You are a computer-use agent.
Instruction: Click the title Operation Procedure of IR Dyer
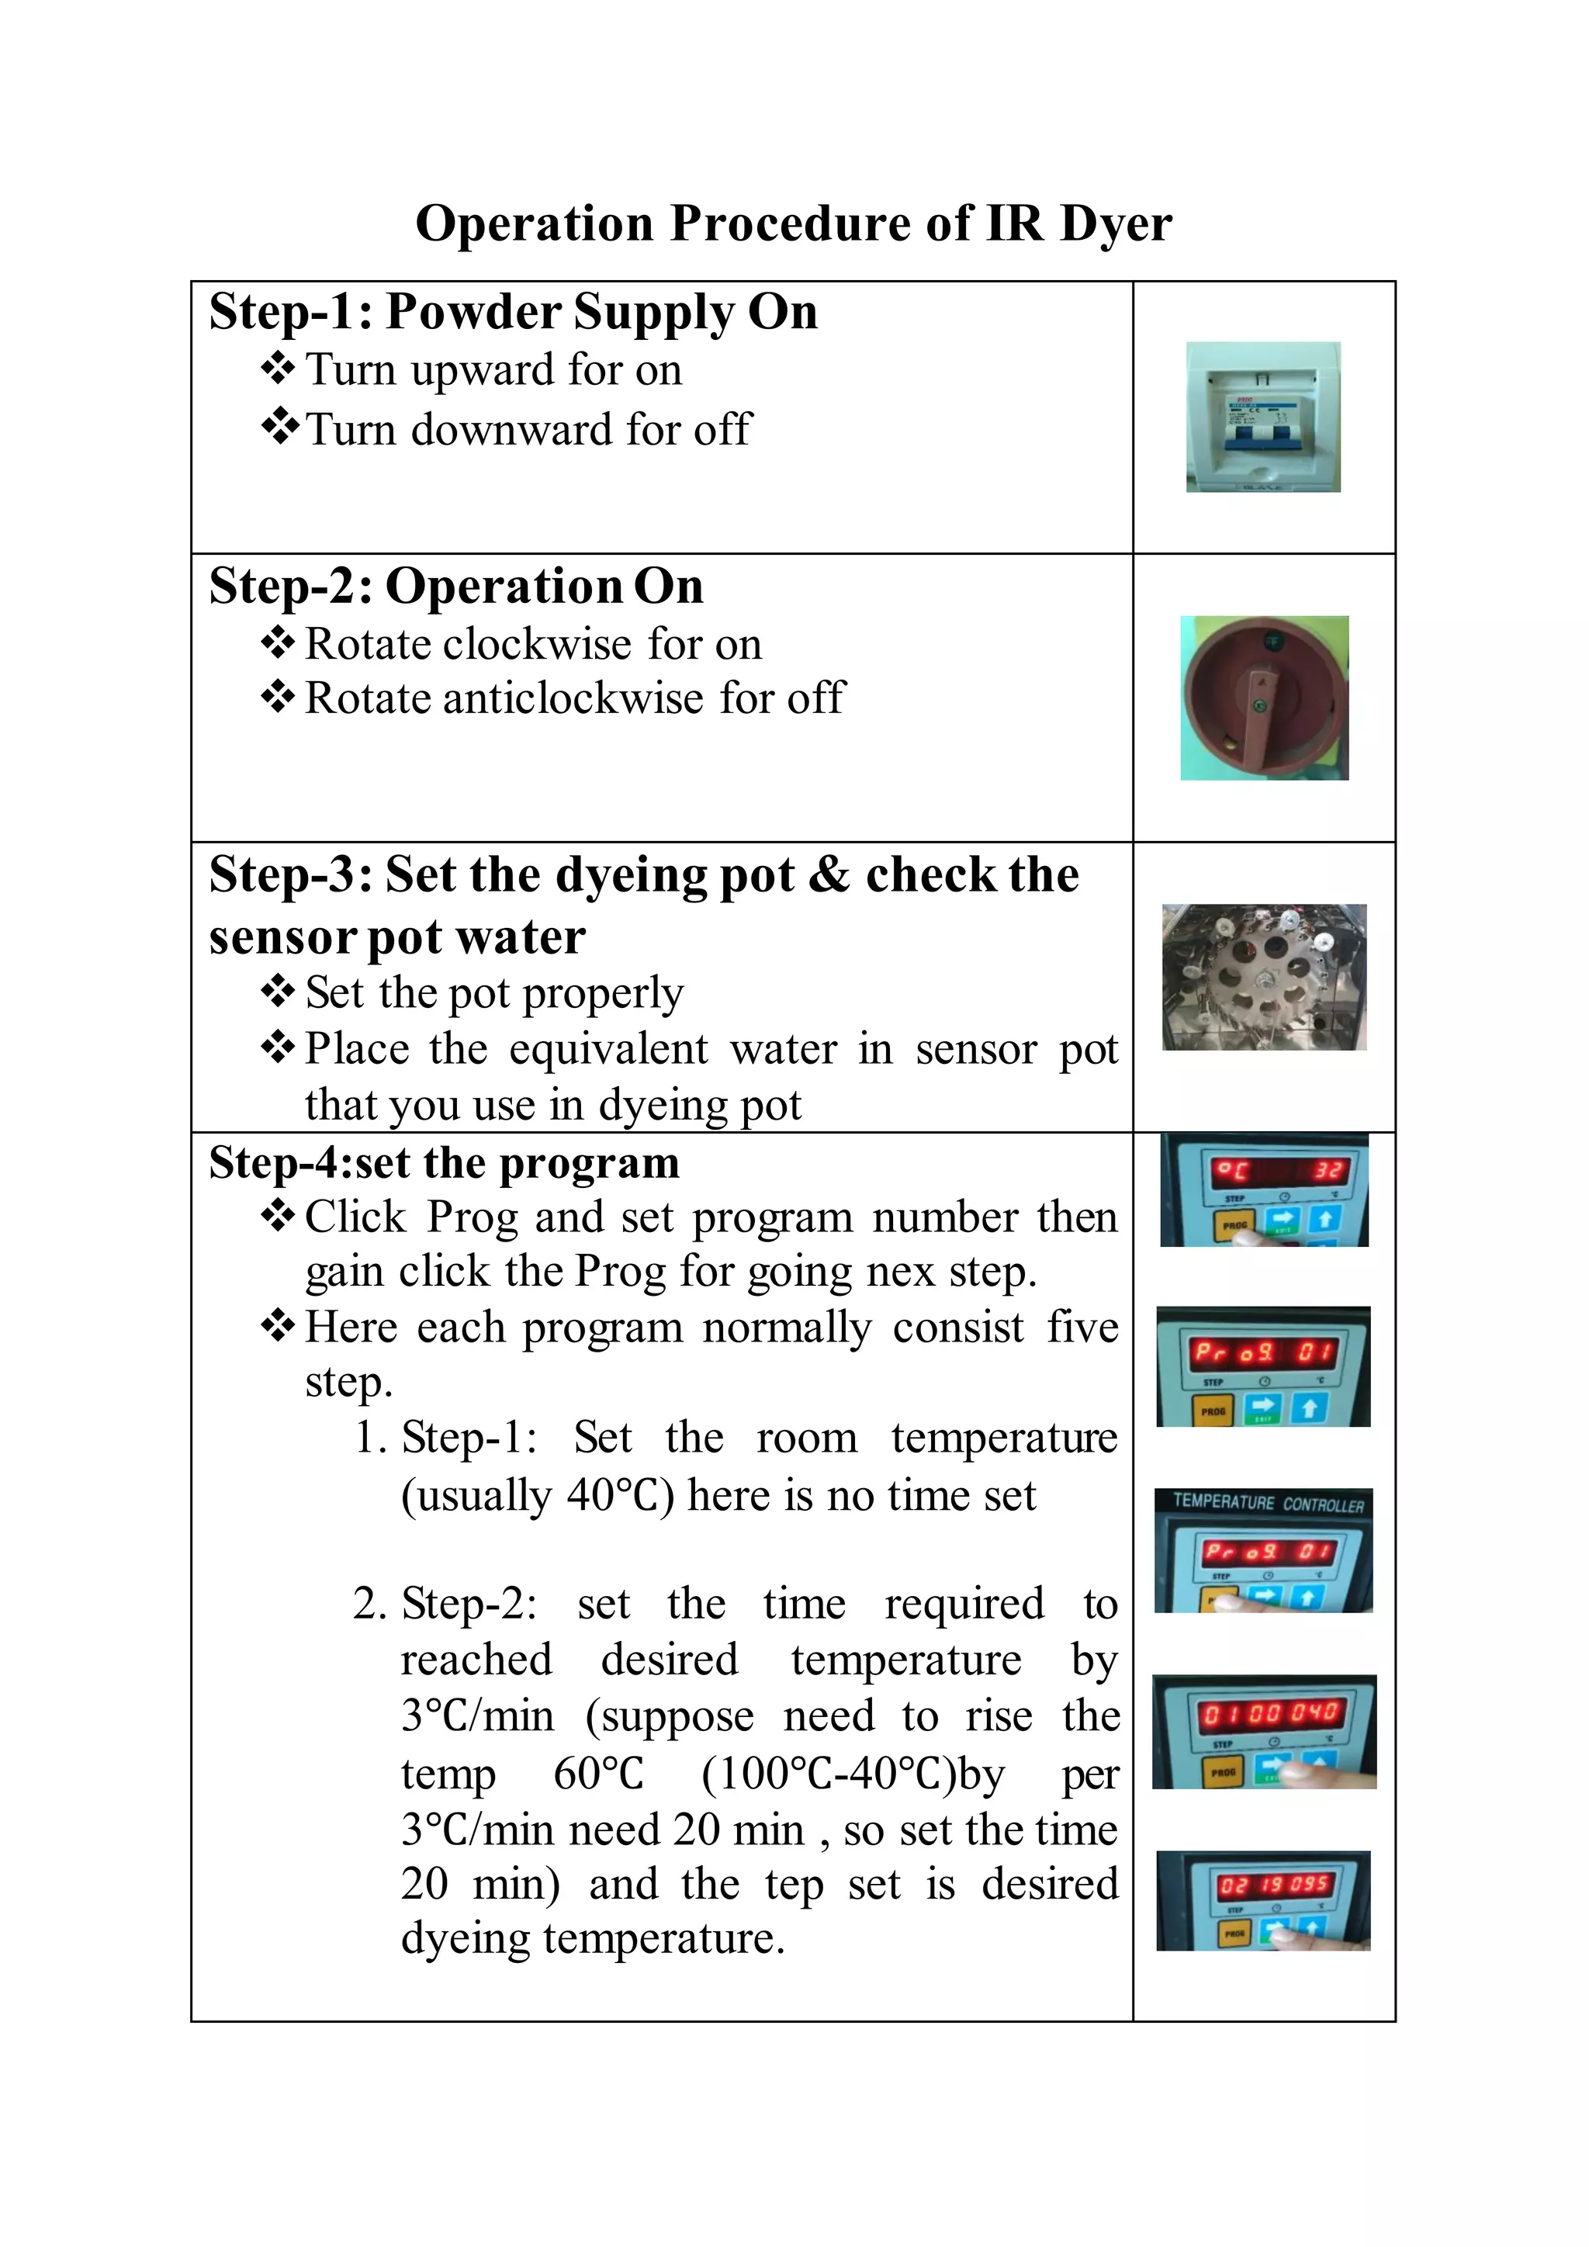794,223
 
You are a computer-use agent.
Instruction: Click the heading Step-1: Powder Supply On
513,312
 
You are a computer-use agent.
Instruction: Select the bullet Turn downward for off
528,430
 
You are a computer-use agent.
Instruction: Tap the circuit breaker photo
1263,417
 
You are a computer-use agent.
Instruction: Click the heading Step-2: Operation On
456,587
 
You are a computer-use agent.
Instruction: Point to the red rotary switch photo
1264,698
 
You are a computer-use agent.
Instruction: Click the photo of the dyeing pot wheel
1264,977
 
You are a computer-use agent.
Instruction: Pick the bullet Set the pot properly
494,992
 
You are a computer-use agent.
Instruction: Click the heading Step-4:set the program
445,1162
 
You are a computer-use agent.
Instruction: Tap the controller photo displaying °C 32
1264,1190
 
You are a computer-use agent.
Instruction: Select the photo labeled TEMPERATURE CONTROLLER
1264,1550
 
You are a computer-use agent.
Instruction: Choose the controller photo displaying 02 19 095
1263,1899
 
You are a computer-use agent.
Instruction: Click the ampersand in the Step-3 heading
829,874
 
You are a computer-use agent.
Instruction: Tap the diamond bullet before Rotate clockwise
278,643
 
